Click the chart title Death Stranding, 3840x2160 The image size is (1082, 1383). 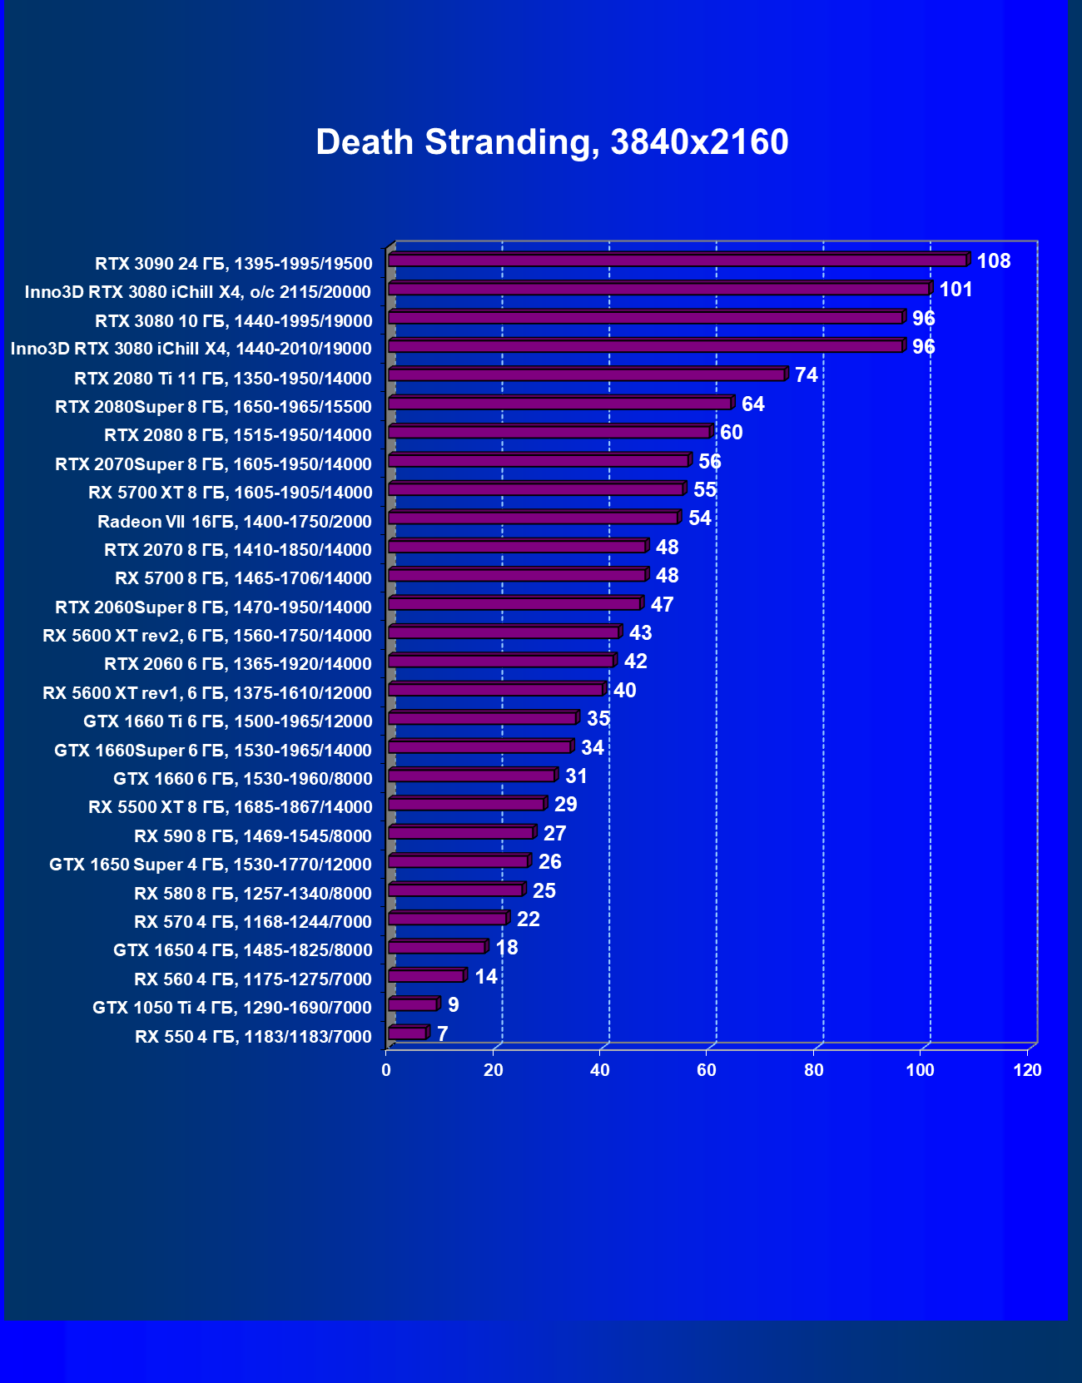coord(552,142)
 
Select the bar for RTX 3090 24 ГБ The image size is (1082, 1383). coord(677,260)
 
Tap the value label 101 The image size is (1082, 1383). coord(955,290)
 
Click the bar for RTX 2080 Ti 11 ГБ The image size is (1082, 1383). coord(586,375)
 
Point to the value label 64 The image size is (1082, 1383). coord(752,404)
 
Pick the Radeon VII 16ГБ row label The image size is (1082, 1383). coord(235,522)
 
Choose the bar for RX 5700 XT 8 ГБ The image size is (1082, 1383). coord(535,489)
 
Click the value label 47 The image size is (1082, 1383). coord(662,605)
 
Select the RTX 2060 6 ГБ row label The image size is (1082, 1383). coord(238,664)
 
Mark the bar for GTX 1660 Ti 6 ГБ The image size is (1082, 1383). coord(482,718)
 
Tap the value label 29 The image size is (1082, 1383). coord(565,805)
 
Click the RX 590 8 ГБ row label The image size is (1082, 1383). coord(253,836)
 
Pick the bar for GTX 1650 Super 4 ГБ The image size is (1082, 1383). coord(458,861)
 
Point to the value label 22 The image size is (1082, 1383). coord(528,920)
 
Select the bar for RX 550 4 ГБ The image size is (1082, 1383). coord(407,1034)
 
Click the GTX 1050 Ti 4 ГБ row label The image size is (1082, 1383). coord(232,1008)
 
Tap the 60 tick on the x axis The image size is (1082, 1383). coord(707,1070)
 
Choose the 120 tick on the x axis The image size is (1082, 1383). coord(1027,1070)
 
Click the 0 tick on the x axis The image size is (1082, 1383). coord(386,1070)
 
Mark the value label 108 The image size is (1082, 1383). coord(993,261)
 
